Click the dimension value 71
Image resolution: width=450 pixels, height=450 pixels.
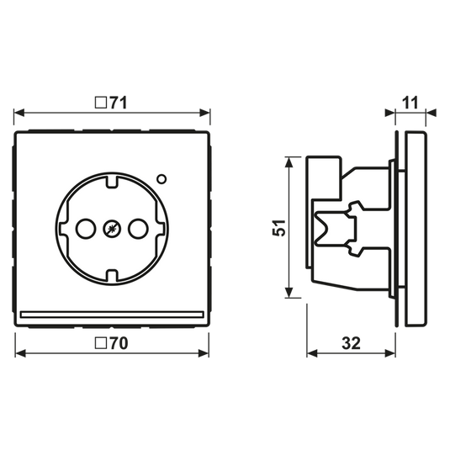click(x=118, y=103)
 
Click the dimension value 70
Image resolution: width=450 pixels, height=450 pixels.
click(x=119, y=343)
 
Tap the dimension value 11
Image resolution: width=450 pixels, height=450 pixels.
click(x=410, y=103)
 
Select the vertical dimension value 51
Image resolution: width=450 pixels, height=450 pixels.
click(x=279, y=228)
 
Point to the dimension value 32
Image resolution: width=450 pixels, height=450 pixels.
click(x=352, y=343)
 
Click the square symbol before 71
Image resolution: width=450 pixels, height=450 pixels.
click(x=101, y=103)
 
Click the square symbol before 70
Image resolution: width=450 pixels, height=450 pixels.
click(x=101, y=343)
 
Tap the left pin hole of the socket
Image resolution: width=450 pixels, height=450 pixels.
click(x=86, y=229)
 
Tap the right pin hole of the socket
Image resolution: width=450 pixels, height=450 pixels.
click(x=138, y=229)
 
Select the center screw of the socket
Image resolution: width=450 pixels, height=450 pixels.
click(x=112, y=229)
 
